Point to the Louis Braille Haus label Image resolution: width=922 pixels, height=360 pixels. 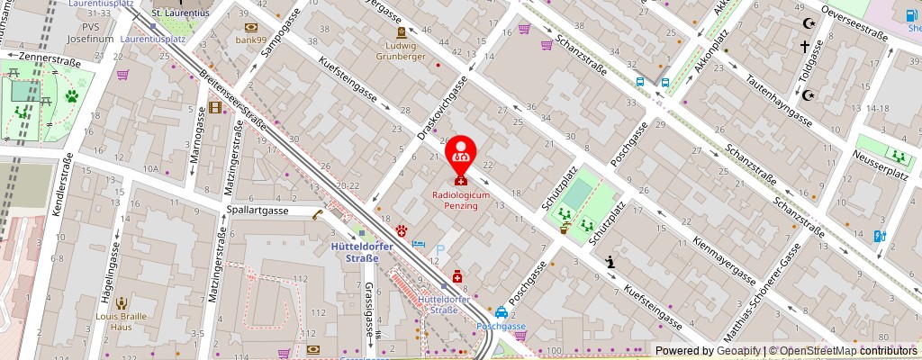(120, 322)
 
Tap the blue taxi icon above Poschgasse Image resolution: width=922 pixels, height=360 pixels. (501, 314)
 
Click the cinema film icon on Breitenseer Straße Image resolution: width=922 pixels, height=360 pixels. (214, 107)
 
